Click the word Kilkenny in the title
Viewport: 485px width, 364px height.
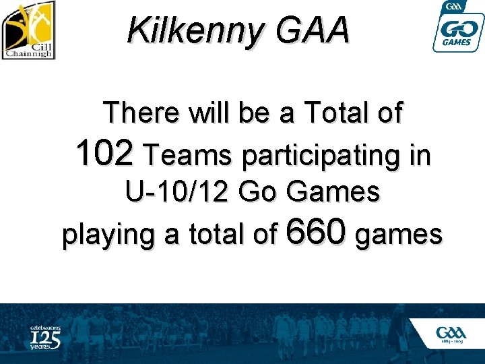(191, 31)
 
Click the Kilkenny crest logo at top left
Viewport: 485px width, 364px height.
(28, 30)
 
